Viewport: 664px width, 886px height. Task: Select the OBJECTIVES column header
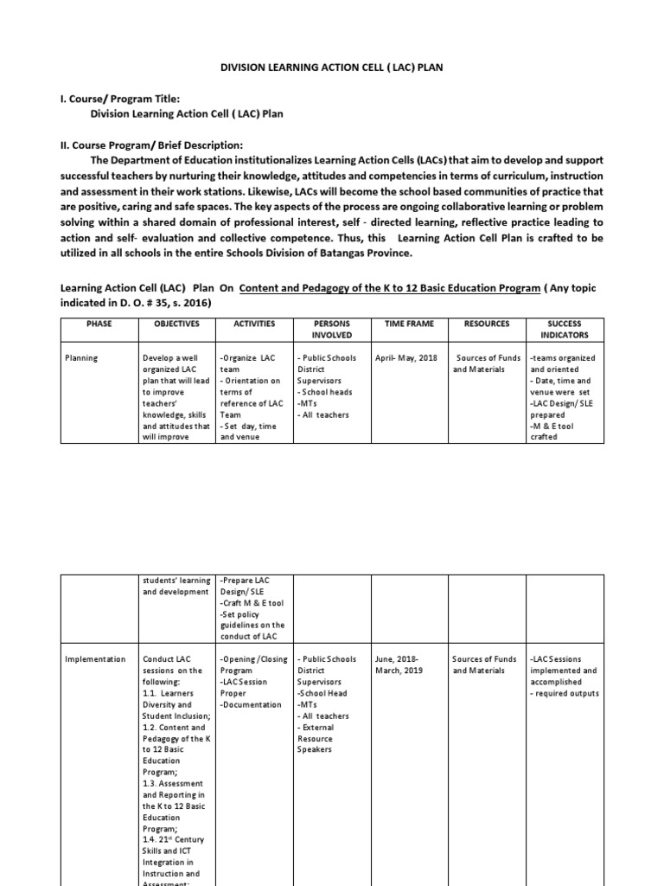[176, 323]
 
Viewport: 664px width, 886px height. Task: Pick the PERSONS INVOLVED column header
[325, 329]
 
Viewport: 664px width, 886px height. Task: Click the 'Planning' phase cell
[84, 357]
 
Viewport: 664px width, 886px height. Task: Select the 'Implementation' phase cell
[95, 659]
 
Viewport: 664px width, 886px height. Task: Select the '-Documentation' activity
[251, 704]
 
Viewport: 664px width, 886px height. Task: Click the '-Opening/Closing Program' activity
[254, 664]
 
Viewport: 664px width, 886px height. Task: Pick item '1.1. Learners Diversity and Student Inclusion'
[176, 704]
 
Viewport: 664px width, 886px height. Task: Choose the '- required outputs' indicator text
[565, 693]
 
